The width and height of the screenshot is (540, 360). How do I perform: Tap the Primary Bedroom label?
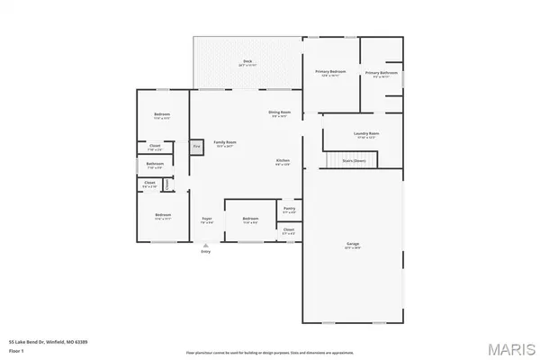pyautogui.click(x=330, y=72)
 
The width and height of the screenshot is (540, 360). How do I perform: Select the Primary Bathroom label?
pyautogui.click(x=382, y=73)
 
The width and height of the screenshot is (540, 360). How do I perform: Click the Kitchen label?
pyautogui.click(x=283, y=162)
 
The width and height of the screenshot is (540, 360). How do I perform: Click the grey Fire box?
pyautogui.click(x=195, y=145)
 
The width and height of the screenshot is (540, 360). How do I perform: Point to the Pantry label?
pyautogui.click(x=289, y=210)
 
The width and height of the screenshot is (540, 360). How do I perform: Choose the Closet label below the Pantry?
pyautogui.click(x=289, y=230)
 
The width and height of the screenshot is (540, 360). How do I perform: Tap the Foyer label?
pyautogui.click(x=206, y=219)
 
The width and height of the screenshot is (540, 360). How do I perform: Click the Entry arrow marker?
pyautogui.click(x=205, y=246)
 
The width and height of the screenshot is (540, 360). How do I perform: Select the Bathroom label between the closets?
pyautogui.click(x=154, y=165)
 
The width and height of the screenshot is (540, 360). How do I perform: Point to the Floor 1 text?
pyautogui.click(x=15, y=350)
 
